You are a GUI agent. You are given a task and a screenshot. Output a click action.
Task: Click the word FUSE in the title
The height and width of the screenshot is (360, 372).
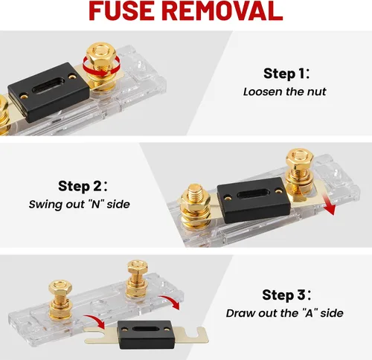[121, 10]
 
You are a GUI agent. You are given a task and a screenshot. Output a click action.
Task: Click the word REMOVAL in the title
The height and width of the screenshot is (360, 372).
[223, 10]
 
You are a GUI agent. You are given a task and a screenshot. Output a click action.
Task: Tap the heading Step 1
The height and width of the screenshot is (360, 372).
[286, 74]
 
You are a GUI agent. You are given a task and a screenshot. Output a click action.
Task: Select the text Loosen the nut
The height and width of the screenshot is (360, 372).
[284, 91]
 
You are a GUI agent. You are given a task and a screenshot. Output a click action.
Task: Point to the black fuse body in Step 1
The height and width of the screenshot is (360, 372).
[48, 91]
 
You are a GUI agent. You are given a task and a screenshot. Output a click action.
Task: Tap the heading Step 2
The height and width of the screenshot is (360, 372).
[83, 186]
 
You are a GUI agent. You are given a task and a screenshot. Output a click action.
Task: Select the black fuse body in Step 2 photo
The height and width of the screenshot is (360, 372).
[254, 200]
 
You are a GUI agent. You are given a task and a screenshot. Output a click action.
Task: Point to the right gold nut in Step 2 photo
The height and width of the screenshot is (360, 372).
[299, 158]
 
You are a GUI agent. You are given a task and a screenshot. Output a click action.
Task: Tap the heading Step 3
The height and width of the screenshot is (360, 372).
[286, 295]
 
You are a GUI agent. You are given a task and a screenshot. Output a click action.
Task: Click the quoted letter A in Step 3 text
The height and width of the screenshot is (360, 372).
[310, 313]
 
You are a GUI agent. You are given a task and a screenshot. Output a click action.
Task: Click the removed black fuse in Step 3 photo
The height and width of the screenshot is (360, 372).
[144, 335]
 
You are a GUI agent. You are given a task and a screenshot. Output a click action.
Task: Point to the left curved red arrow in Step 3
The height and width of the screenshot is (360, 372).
[95, 320]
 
